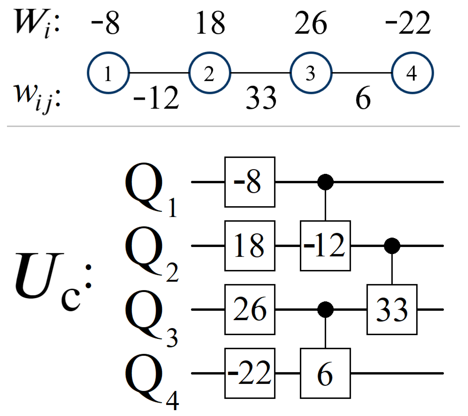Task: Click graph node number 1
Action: [x=108, y=73]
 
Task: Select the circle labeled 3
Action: [x=311, y=73]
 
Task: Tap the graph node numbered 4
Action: [x=412, y=73]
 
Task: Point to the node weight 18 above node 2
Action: [x=210, y=23]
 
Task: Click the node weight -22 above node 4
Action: [x=408, y=23]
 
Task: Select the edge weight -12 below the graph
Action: [x=157, y=98]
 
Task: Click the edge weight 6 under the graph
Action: [x=363, y=98]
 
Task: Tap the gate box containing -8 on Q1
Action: [x=250, y=182]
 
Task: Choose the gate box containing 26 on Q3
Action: [x=250, y=309]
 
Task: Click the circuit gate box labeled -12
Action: [x=325, y=246]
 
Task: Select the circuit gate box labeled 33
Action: [x=392, y=309]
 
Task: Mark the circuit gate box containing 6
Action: [x=325, y=373]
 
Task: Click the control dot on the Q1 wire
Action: [x=325, y=182]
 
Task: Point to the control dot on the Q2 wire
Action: [x=392, y=246]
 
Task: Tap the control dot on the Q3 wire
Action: [x=325, y=309]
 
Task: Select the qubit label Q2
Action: [x=150, y=253]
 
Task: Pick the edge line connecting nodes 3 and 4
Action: [x=362, y=73]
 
